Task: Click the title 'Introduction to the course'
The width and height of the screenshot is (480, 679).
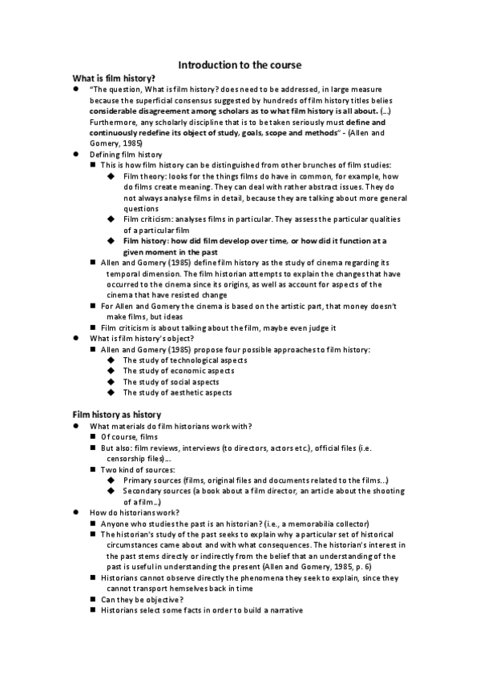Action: [x=240, y=64]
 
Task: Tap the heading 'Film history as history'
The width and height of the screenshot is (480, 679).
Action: [x=117, y=414]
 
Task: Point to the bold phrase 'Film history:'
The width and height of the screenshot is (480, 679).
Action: [x=147, y=240]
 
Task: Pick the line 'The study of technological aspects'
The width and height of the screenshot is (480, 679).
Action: [x=184, y=360]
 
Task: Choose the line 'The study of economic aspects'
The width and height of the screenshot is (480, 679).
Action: [x=177, y=371]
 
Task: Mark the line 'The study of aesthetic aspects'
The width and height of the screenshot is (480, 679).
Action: [x=177, y=392]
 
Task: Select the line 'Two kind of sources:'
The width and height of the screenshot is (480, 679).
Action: [x=137, y=469]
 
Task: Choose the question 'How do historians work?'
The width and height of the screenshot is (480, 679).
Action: [x=134, y=512]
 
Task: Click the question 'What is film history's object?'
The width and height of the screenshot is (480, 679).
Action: [x=141, y=338]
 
